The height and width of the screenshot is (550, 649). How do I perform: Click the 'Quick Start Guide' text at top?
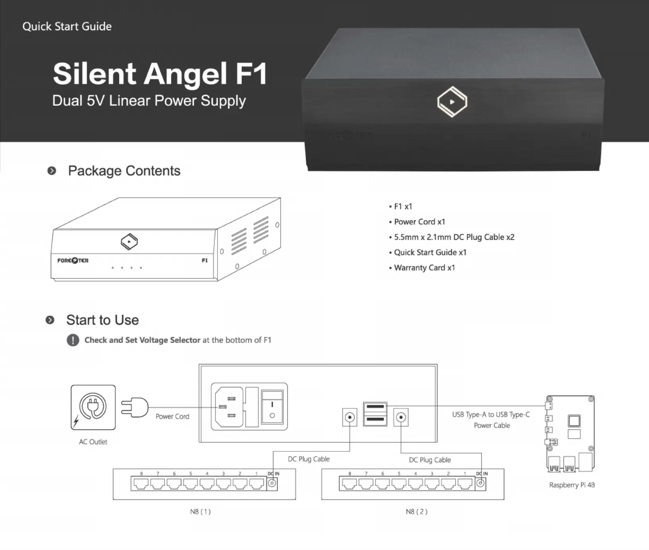pyautogui.click(x=67, y=26)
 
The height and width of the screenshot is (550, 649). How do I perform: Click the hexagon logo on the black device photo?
pyautogui.click(x=452, y=102)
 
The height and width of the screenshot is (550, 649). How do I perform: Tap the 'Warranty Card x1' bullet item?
pyautogui.click(x=422, y=268)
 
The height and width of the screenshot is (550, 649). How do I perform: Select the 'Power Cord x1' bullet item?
pyautogui.click(x=417, y=222)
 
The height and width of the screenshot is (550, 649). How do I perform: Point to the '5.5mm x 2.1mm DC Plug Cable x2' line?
pyautogui.click(x=451, y=237)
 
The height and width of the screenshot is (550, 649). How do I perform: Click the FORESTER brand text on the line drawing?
pyautogui.click(x=73, y=260)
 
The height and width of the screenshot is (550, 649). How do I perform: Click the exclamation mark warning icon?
pyautogui.click(x=73, y=340)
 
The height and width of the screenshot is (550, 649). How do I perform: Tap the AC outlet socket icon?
pyautogui.click(x=93, y=407)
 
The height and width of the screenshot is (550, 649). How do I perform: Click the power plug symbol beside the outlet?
pyautogui.click(x=134, y=407)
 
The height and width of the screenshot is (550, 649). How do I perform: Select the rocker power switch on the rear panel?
pyautogui.click(x=272, y=407)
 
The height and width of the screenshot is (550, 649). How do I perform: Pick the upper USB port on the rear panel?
pyautogui.click(x=375, y=407)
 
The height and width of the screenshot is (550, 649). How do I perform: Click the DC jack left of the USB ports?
pyautogui.click(x=350, y=418)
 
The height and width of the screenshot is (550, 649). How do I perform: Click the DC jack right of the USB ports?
pyautogui.click(x=401, y=418)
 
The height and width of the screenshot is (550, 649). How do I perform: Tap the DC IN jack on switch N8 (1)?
pyautogui.click(x=272, y=483)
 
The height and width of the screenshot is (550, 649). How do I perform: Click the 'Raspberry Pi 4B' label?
pyautogui.click(x=572, y=485)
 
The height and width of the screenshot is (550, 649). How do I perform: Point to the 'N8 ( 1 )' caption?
pyautogui.click(x=200, y=511)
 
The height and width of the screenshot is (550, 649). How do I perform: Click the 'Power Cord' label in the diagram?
pyautogui.click(x=172, y=416)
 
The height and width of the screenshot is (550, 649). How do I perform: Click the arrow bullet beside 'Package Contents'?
pyautogui.click(x=52, y=171)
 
